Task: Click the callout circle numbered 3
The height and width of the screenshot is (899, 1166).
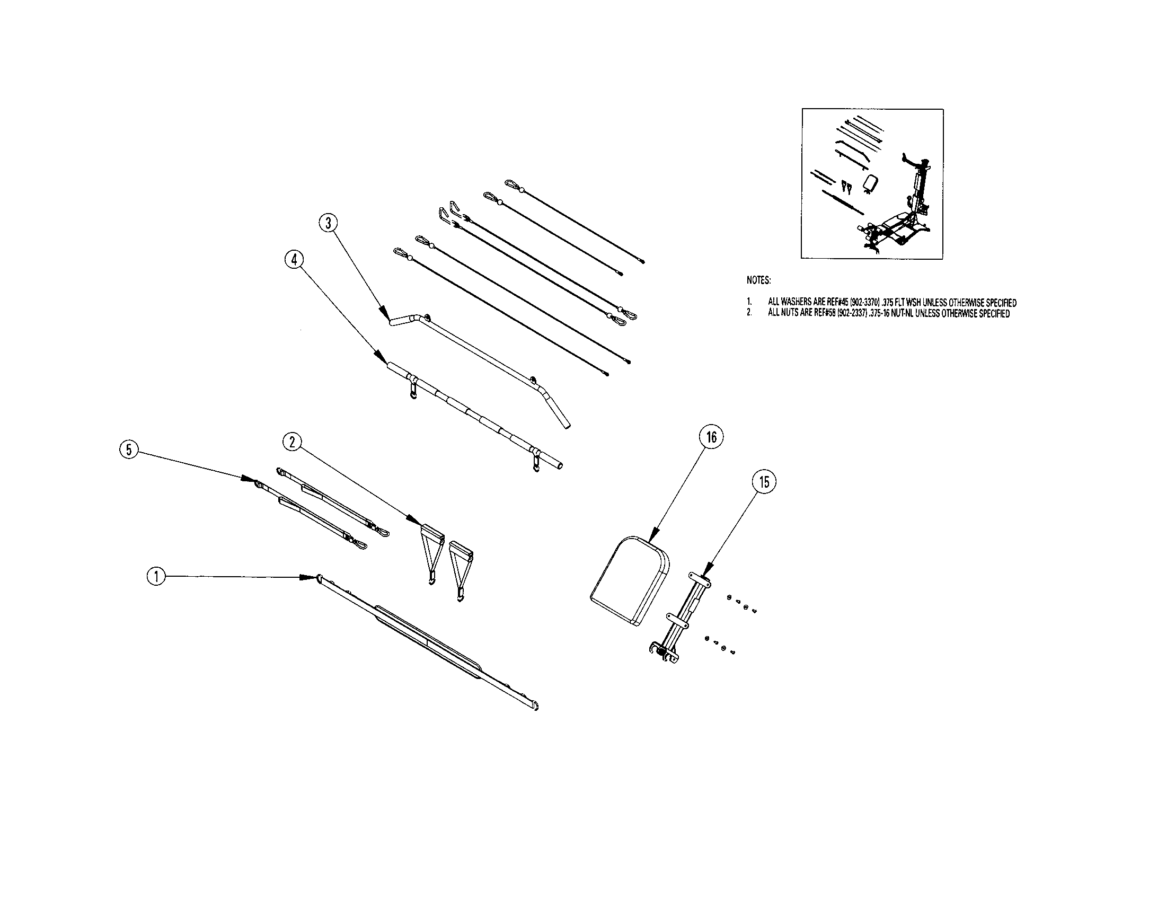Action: pos(329,223)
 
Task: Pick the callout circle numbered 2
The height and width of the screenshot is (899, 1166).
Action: pos(292,442)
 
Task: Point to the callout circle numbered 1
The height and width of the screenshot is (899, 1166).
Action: pos(156,576)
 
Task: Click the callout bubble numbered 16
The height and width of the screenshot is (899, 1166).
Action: pos(711,437)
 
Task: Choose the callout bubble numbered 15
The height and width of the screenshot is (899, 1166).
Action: pos(764,482)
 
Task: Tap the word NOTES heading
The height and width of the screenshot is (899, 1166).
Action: pos(758,280)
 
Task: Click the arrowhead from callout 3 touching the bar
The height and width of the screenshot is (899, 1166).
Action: pos(383,311)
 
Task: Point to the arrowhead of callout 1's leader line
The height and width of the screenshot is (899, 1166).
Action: pos(308,577)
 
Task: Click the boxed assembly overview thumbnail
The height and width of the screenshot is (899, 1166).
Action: pos(872,183)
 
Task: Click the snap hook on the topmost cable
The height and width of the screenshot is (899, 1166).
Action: pos(513,184)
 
